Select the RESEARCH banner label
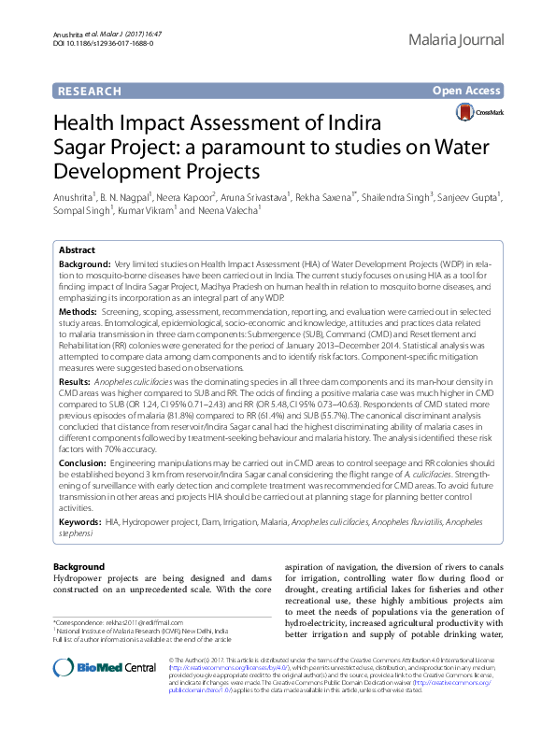click(89, 91)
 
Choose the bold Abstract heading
click(77, 251)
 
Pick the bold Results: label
click(75, 382)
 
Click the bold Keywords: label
click(79, 522)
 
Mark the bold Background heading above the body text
click(78, 567)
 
